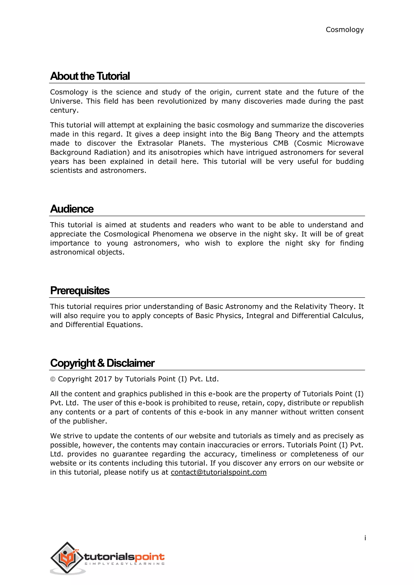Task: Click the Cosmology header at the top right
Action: (344, 30)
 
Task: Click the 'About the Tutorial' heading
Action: (90, 76)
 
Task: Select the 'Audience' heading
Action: (72, 209)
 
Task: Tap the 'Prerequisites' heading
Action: (80, 290)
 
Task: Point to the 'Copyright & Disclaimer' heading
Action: (102, 363)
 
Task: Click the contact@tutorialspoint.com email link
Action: (219, 472)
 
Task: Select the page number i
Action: (365, 538)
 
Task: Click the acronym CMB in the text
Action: (280, 143)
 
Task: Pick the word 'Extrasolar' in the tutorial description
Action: (155, 143)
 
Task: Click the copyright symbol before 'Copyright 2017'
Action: (53, 379)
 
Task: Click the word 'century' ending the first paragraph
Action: (64, 110)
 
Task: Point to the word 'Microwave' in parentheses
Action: (345, 143)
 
